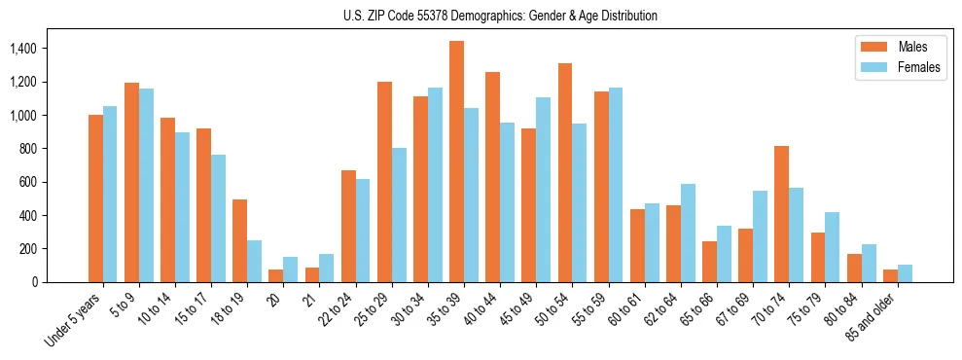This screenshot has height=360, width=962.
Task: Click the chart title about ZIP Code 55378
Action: click(500, 16)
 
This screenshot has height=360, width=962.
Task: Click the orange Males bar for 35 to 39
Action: click(456, 162)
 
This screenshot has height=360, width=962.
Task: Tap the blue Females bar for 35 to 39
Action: click(471, 195)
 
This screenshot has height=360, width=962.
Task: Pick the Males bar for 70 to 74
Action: click(781, 214)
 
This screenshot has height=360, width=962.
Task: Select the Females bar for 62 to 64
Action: click(688, 233)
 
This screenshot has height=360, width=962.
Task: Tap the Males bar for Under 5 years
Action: click(95, 198)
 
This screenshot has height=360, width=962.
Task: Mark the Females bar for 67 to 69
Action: click(760, 236)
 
